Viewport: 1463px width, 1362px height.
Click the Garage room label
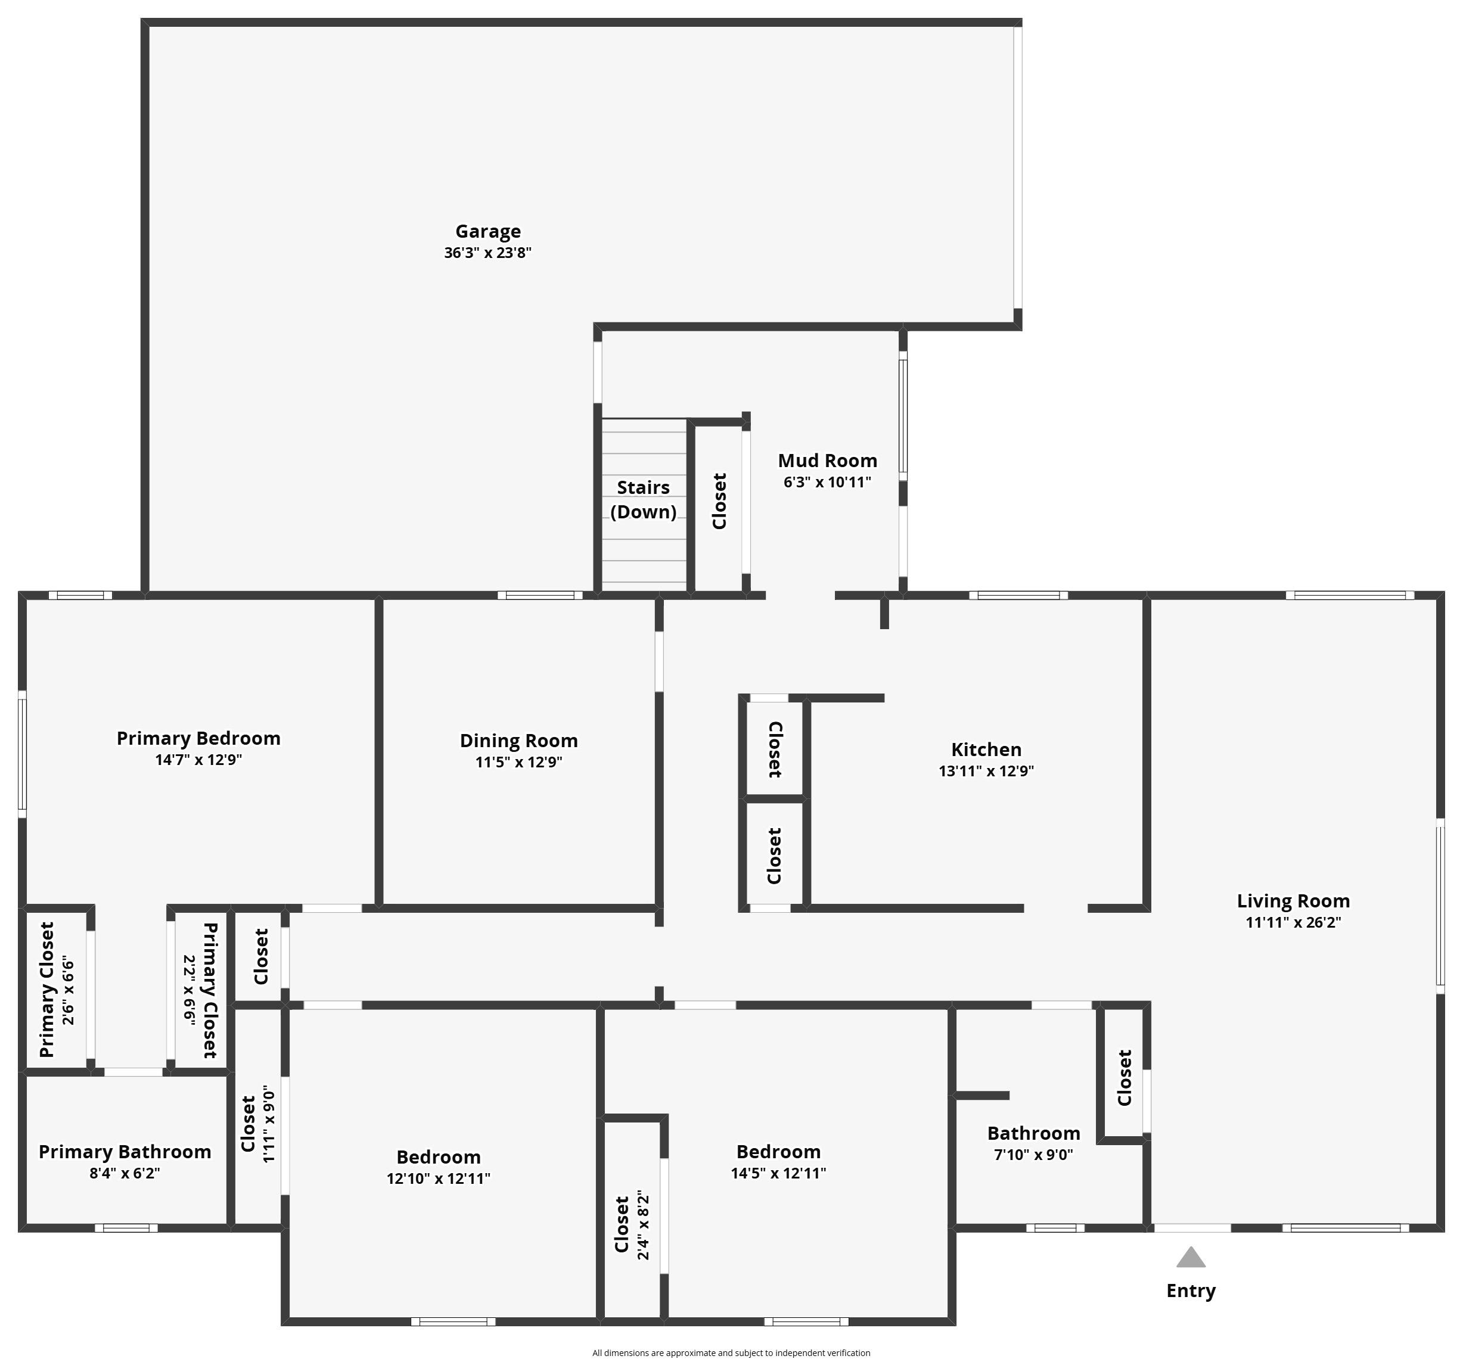(488, 231)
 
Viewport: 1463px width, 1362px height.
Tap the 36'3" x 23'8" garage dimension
(488, 253)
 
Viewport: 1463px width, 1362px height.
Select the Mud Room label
(827, 461)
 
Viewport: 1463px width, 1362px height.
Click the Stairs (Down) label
(643, 500)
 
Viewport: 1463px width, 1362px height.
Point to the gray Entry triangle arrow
(1191, 1258)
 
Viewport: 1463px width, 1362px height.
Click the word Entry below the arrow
(1191, 1291)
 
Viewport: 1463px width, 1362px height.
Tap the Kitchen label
(986, 750)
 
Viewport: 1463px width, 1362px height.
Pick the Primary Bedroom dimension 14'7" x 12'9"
(198, 760)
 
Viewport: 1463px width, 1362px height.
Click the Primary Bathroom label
(125, 1152)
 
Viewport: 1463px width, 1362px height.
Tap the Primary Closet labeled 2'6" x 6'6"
(57, 990)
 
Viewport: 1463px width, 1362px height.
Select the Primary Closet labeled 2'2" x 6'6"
(200, 990)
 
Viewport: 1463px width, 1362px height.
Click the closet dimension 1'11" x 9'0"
(269, 1124)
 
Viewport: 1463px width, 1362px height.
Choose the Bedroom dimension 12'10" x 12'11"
(439, 1178)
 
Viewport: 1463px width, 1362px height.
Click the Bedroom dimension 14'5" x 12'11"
(779, 1173)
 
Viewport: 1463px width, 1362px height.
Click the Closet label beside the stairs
(719, 501)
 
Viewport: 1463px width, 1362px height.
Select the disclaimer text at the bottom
(731, 1352)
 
